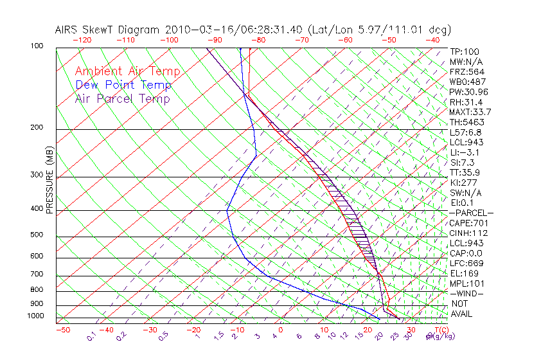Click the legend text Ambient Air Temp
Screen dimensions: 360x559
click(127, 72)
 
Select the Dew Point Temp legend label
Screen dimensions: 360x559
click(123, 85)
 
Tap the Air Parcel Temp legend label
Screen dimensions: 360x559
click(122, 99)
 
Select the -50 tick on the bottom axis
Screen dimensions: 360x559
click(62, 330)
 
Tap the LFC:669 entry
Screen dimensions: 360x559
click(467, 264)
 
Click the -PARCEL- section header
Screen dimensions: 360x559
click(471, 213)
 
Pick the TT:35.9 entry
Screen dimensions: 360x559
click(465, 172)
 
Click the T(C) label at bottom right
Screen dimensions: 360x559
click(442, 330)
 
